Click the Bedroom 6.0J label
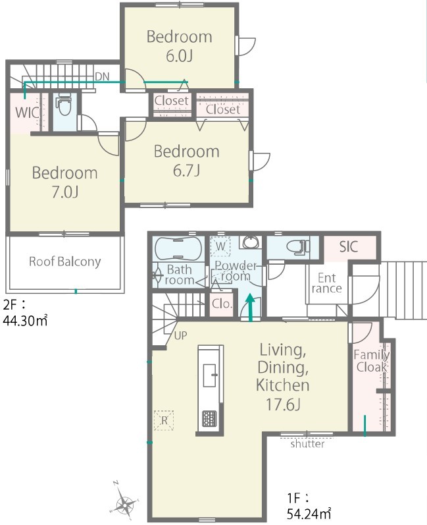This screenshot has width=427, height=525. (x=180, y=46)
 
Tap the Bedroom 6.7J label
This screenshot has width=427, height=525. (x=187, y=161)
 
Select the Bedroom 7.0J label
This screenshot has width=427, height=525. (x=65, y=182)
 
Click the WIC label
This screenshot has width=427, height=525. (x=27, y=113)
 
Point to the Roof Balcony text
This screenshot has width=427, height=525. (x=65, y=262)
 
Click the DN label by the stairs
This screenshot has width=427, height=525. (x=103, y=76)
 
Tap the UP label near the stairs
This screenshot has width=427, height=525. (x=180, y=335)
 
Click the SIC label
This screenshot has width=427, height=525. (x=349, y=247)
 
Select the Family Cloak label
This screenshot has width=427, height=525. (x=372, y=360)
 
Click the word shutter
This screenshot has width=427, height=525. (x=307, y=444)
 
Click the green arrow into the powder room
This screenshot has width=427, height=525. (x=251, y=308)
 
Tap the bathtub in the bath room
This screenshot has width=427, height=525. (x=178, y=249)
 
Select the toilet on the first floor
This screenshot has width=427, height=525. (x=299, y=247)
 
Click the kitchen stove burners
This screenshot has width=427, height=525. (x=209, y=419)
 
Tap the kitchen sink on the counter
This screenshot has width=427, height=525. (x=210, y=375)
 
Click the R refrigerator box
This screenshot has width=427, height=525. (x=164, y=420)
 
